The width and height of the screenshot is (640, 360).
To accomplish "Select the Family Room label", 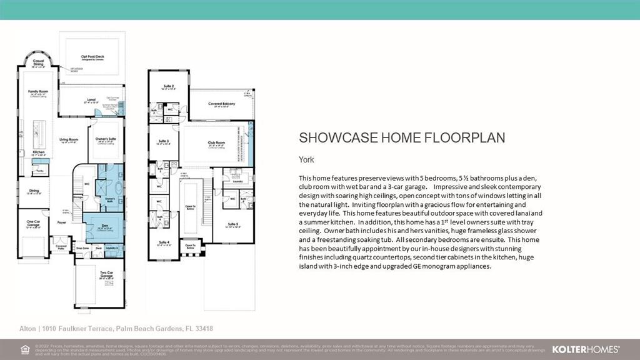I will click(x=38, y=92).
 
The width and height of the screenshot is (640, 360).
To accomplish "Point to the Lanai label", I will click(x=90, y=100).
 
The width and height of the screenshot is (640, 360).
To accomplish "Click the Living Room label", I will click(x=68, y=140).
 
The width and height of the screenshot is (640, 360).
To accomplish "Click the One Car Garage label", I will click(x=34, y=221).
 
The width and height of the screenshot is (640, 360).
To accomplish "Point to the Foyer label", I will click(x=62, y=221).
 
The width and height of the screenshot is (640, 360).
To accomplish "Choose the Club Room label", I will click(x=216, y=142).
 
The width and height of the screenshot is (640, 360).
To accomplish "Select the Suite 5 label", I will click(x=233, y=224).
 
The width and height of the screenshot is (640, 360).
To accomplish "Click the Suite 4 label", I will click(x=164, y=242).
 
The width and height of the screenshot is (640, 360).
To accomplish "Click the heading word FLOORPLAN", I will click(x=456, y=137).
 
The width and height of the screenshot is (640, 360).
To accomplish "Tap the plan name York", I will click(x=306, y=159).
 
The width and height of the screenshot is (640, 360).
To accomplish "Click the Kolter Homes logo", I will click(x=586, y=349).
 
